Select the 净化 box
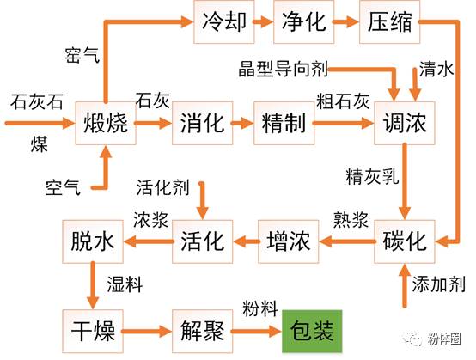pyautogui.click(x=303, y=21)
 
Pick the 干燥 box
pyautogui.click(x=92, y=329)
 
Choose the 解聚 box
pyautogui.click(x=203, y=329)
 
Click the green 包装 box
pyautogui.click(x=313, y=329)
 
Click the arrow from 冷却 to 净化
pyautogui.click(x=262, y=21)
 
